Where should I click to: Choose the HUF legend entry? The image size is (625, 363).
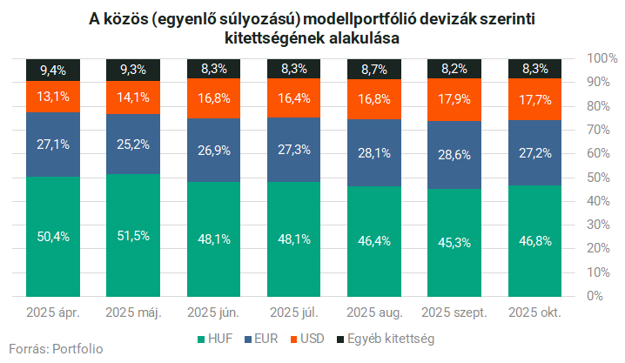click(215, 338)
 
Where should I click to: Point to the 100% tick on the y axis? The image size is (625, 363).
click(601, 58)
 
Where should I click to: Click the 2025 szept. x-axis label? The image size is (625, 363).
click(454, 312)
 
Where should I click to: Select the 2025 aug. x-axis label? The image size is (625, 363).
click(373, 312)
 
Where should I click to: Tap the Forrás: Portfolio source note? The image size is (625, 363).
click(56, 349)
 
